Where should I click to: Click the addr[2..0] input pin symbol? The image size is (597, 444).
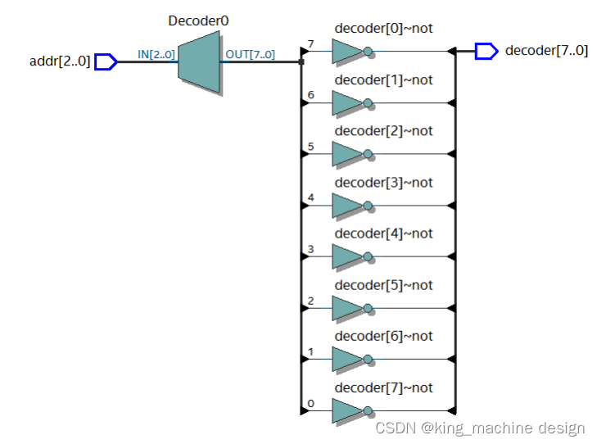click(x=106, y=61)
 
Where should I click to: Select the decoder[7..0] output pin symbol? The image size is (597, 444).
click(x=486, y=52)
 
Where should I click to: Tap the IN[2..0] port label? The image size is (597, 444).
click(x=156, y=55)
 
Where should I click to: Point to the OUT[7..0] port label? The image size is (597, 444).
click(x=250, y=55)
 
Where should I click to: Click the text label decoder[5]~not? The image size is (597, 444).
click(x=383, y=285)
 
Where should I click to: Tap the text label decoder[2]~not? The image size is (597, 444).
click(x=383, y=131)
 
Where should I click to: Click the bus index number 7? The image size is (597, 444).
click(x=310, y=43)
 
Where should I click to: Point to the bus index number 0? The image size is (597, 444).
click(x=310, y=402)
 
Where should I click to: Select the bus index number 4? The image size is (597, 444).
click(x=310, y=197)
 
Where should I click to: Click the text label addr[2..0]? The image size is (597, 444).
click(x=60, y=61)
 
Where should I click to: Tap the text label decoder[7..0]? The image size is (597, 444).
click(x=546, y=51)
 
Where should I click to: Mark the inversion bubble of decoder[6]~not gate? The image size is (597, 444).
click(x=369, y=360)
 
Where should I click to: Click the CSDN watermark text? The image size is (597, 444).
click(x=480, y=428)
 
